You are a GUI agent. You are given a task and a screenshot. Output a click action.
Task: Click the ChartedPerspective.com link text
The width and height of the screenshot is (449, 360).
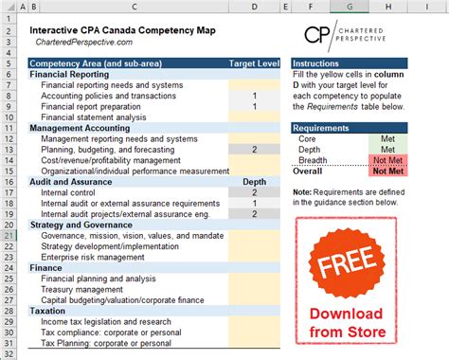click(x=84, y=44)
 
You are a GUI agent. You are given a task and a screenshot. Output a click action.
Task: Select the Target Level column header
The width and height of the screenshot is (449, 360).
click(x=256, y=63)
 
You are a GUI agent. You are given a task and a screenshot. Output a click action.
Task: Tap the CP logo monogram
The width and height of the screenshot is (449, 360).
click(x=321, y=36)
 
